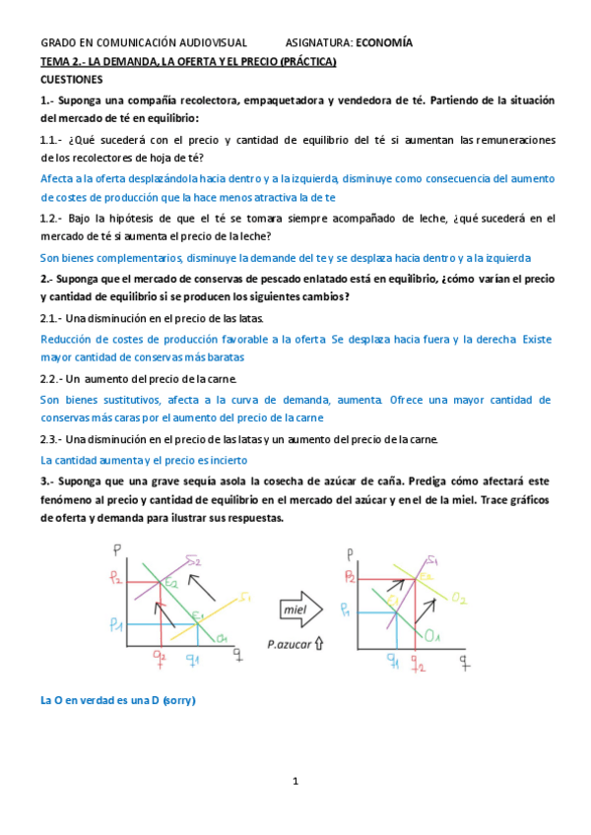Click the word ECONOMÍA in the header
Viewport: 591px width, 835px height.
[x=384, y=42]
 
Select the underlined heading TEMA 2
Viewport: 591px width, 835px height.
[x=188, y=62]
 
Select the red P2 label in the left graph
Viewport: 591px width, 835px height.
[x=117, y=580]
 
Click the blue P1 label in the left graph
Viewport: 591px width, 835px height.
[x=116, y=624]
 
